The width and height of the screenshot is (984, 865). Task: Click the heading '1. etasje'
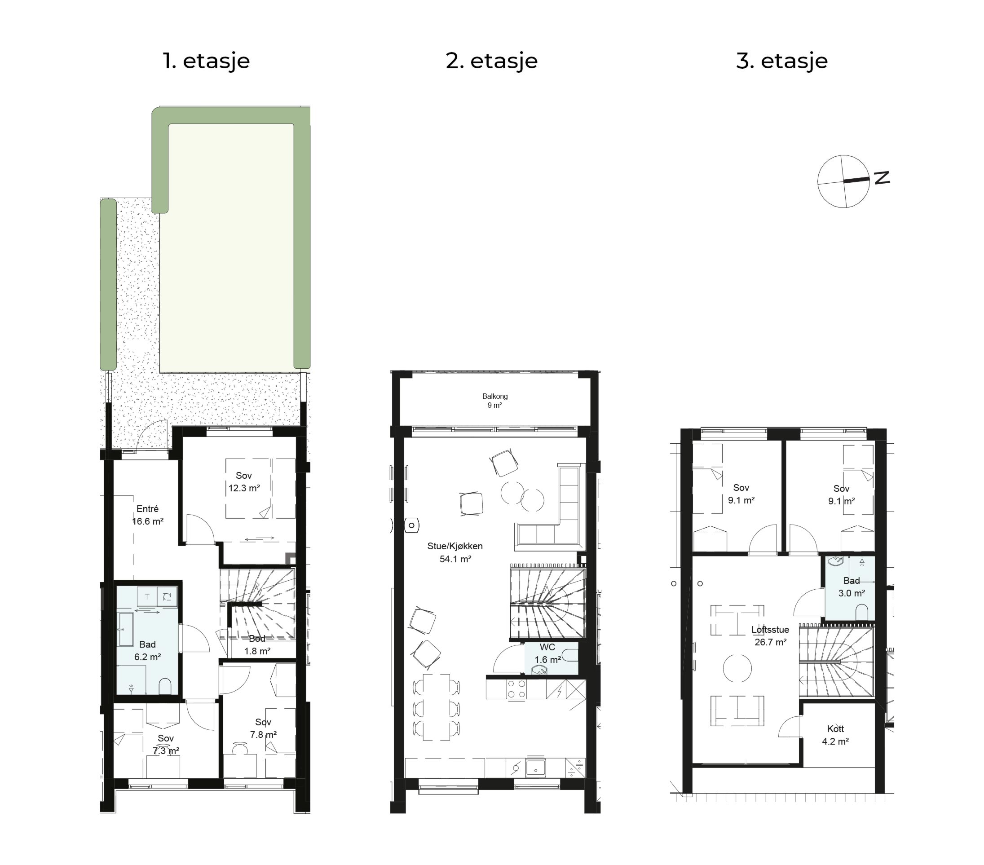pyautogui.click(x=206, y=61)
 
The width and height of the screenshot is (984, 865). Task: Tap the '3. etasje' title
pyautogui.click(x=782, y=61)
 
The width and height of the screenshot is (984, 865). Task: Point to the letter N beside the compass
pyautogui.click(x=882, y=178)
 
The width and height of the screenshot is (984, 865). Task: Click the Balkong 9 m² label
pyautogui.click(x=495, y=401)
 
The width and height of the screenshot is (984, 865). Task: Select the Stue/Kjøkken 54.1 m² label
pyautogui.click(x=455, y=552)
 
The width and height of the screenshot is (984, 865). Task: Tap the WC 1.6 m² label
pyautogui.click(x=547, y=653)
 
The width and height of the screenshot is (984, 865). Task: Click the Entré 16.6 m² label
pyautogui.click(x=147, y=515)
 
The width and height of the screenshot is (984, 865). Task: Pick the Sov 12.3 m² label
pyautogui.click(x=244, y=481)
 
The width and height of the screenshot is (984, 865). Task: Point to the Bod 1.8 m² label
pyautogui.click(x=257, y=644)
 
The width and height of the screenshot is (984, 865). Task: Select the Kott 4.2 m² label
pyautogui.click(x=835, y=735)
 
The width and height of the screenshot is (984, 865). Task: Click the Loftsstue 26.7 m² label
pyautogui.click(x=770, y=636)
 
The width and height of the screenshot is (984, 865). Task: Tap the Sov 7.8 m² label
pyautogui.click(x=263, y=728)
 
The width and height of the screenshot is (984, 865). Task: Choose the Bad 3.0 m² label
pyautogui.click(x=852, y=587)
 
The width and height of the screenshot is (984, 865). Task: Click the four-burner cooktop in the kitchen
pyautogui.click(x=516, y=688)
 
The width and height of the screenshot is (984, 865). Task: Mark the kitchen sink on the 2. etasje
pyautogui.click(x=535, y=767)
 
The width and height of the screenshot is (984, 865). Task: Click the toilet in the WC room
pyautogui.click(x=569, y=654)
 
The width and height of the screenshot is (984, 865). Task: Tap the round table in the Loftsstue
pyautogui.click(x=737, y=668)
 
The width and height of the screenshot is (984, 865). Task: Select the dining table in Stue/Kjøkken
pyautogui.click(x=436, y=706)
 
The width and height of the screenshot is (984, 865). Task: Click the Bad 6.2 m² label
pyautogui.click(x=147, y=650)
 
